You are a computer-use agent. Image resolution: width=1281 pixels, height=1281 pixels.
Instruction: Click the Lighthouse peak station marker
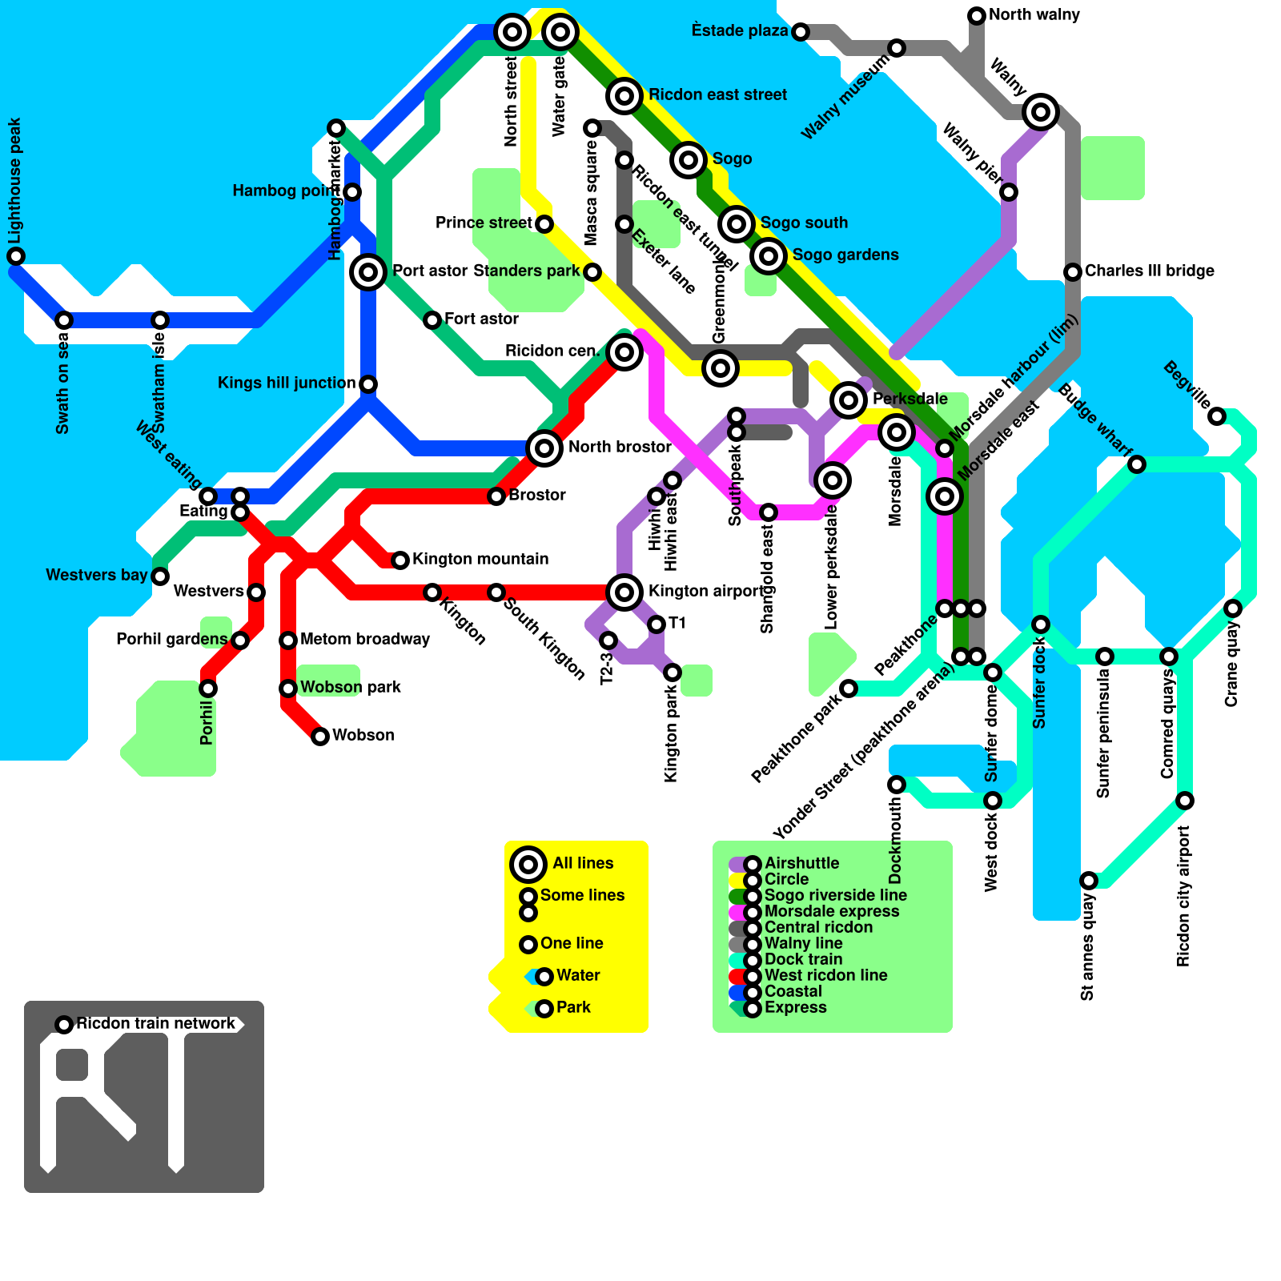point(16,256)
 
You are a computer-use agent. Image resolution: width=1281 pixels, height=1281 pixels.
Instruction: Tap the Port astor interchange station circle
point(368,272)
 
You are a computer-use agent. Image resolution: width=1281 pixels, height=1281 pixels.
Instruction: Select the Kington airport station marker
point(624,592)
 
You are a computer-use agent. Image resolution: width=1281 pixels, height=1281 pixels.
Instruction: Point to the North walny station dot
point(977,16)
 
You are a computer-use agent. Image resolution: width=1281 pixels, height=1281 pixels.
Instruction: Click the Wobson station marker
point(320,737)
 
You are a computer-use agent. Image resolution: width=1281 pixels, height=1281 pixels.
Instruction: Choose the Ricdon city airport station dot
point(1185,801)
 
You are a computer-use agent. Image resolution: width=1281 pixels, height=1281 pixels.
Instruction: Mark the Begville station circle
point(1217,416)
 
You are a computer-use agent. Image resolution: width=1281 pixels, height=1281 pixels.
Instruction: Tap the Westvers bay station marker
point(160,576)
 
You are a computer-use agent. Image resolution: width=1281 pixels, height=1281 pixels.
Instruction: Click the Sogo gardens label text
point(845,255)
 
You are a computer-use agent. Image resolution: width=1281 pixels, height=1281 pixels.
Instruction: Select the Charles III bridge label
point(1149,271)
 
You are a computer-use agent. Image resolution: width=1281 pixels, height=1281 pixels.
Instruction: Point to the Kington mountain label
point(480,560)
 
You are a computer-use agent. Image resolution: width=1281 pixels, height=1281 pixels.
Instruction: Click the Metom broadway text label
point(365,640)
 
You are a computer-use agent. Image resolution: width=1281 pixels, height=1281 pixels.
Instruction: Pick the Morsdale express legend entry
point(831,912)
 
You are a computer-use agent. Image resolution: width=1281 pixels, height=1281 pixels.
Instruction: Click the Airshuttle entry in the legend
point(801,864)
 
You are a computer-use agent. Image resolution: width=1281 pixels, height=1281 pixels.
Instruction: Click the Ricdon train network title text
point(156,1024)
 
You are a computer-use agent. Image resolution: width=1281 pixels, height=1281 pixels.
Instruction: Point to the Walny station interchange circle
point(1041,112)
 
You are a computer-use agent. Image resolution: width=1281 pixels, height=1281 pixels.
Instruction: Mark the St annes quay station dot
point(1089,881)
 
